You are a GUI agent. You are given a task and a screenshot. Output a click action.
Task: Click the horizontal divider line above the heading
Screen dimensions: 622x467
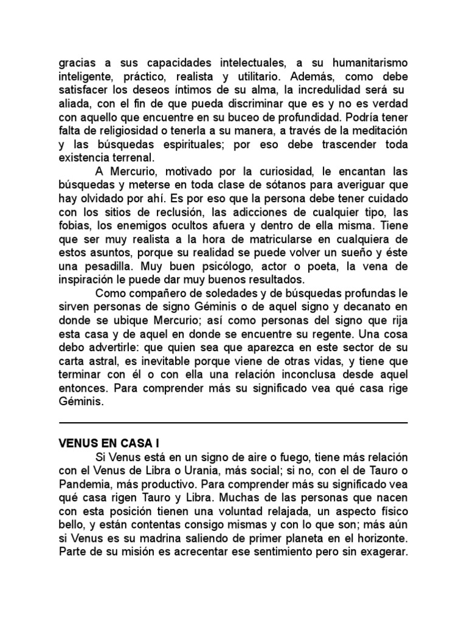click(233, 422)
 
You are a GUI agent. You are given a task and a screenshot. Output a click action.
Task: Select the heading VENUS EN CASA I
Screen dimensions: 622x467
click(107, 443)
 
